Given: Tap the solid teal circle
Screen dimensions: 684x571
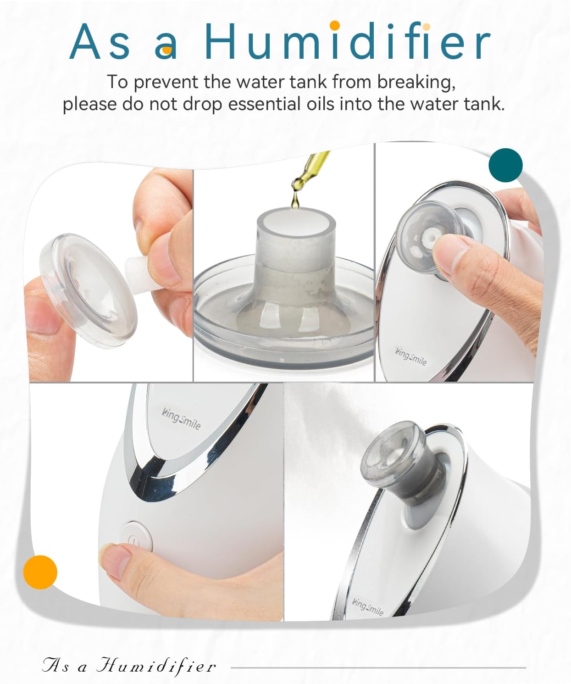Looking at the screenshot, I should point(505,164).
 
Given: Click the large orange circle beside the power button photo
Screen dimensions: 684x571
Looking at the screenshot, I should point(40,572).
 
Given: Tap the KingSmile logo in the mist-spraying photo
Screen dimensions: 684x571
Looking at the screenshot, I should point(368,606).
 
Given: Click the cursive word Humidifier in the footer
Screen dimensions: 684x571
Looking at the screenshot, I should point(156,666).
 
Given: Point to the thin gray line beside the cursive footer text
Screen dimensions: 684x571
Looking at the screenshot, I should point(378,667).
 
